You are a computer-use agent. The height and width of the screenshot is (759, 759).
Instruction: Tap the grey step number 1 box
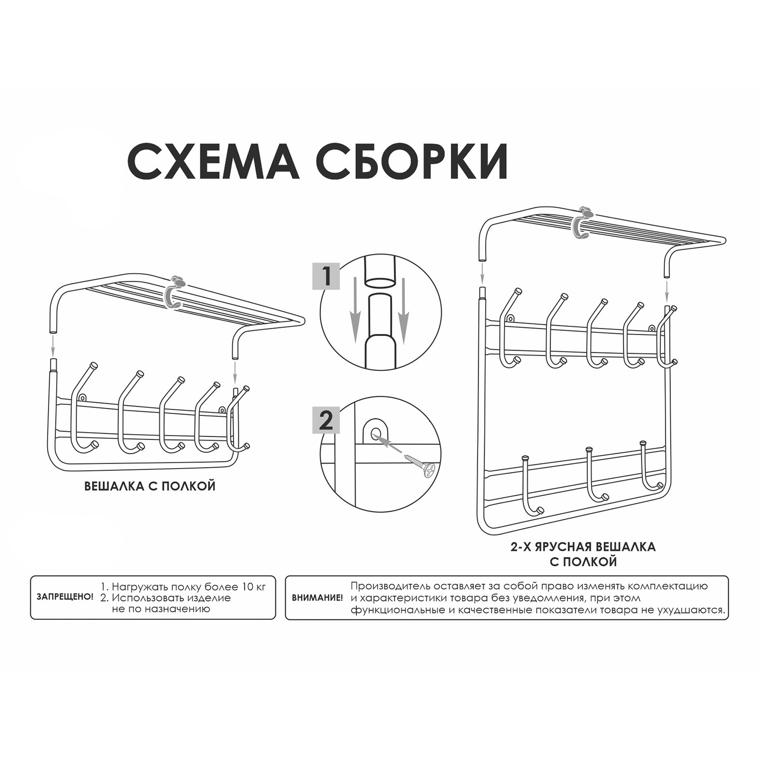[x=326, y=276]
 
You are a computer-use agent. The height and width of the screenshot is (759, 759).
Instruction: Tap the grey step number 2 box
[x=326, y=419]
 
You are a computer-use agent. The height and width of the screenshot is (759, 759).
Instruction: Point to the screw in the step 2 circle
[x=419, y=465]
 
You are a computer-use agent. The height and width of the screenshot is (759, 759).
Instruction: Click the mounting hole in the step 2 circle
[x=375, y=432]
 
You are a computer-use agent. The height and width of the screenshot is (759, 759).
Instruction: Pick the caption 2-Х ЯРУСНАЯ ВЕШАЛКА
[x=582, y=547]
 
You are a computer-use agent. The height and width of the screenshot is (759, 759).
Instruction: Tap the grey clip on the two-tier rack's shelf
[x=582, y=223]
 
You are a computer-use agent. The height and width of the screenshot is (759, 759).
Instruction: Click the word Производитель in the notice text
[x=391, y=587]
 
